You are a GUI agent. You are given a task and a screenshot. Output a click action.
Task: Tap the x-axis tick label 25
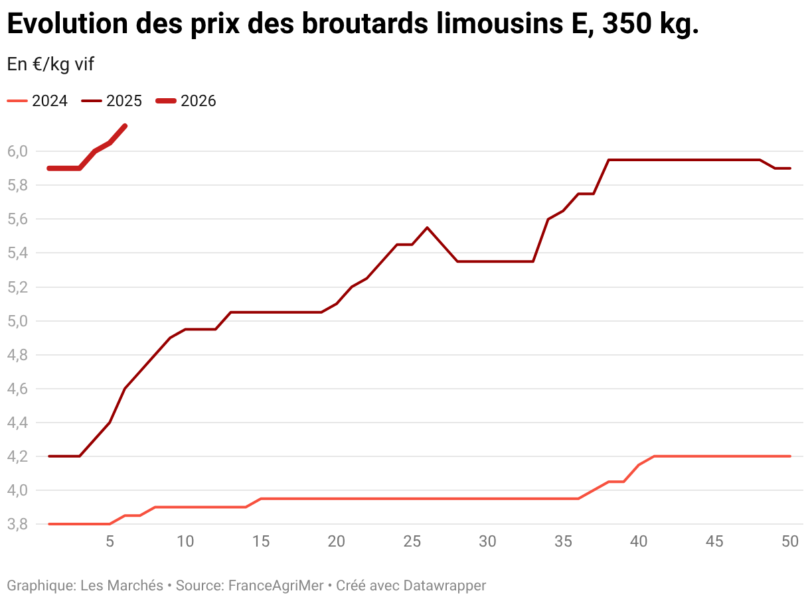coord(412,541)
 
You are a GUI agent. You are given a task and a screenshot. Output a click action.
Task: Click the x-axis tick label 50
coord(789,541)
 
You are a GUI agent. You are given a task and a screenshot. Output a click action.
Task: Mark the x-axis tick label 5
coord(110,541)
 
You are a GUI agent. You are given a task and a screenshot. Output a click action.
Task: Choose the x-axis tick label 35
coord(563,541)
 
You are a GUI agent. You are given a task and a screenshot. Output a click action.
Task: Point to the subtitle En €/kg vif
coord(50,64)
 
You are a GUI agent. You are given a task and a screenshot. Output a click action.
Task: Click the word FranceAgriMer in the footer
coord(276,586)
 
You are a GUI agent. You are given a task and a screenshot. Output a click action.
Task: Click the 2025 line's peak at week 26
coord(427,228)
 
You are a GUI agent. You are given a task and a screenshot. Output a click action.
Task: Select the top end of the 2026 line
coord(125,125)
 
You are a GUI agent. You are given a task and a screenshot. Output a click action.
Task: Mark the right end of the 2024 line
coord(789,456)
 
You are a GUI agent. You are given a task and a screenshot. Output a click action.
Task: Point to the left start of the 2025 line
coord(49,456)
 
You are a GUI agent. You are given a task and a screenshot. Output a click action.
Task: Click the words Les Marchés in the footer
coord(121,586)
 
